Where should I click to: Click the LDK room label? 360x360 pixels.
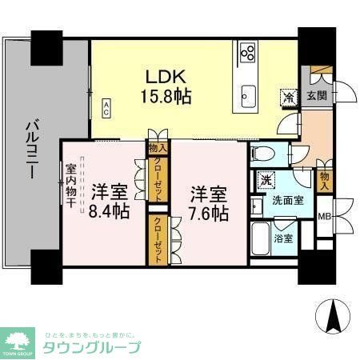166,77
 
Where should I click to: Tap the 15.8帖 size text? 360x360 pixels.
166,97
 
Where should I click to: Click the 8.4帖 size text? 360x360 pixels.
110,213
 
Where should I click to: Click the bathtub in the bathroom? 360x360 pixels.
262,239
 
